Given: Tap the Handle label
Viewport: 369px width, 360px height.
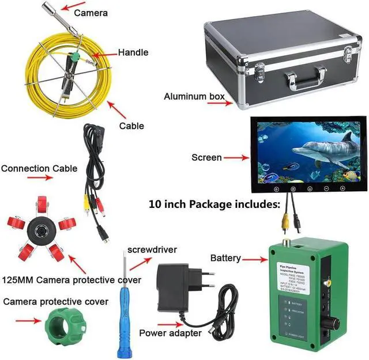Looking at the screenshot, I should tap(133, 52).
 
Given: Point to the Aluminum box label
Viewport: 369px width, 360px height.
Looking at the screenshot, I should tap(193, 96).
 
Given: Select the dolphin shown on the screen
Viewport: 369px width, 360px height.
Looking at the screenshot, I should tap(323, 150).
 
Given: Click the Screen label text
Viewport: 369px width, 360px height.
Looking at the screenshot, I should tap(206, 157).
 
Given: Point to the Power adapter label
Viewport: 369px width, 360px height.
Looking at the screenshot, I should tap(171, 333).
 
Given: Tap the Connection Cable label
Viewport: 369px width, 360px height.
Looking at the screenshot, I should tap(39, 169).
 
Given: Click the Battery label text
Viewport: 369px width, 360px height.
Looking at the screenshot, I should tap(225, 257).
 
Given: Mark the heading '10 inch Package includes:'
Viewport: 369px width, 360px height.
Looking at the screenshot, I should tap(214, 204).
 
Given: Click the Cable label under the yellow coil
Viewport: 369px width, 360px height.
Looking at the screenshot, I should tap(131, 126).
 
